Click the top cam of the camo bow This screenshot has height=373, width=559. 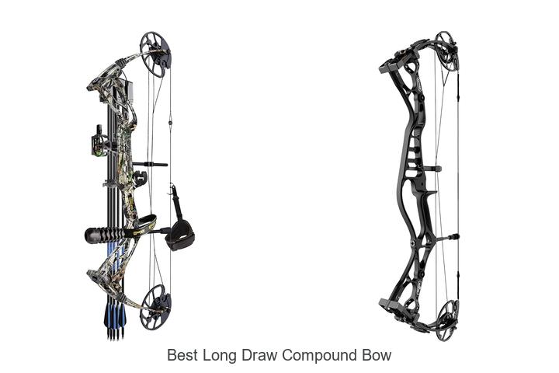pos(155,54)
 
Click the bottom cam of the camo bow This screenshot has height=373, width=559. pos(155,307)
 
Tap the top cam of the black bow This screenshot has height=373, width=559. pos(447,53)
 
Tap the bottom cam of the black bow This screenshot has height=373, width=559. pos(447,320)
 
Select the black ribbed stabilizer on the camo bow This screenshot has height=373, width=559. pos(105,235)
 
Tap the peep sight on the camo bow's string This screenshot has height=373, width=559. pos(170,123)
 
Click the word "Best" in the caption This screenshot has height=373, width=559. pos(182,355)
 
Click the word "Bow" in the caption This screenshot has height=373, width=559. pos(377,355)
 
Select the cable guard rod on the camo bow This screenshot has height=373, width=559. pos(150,164)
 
